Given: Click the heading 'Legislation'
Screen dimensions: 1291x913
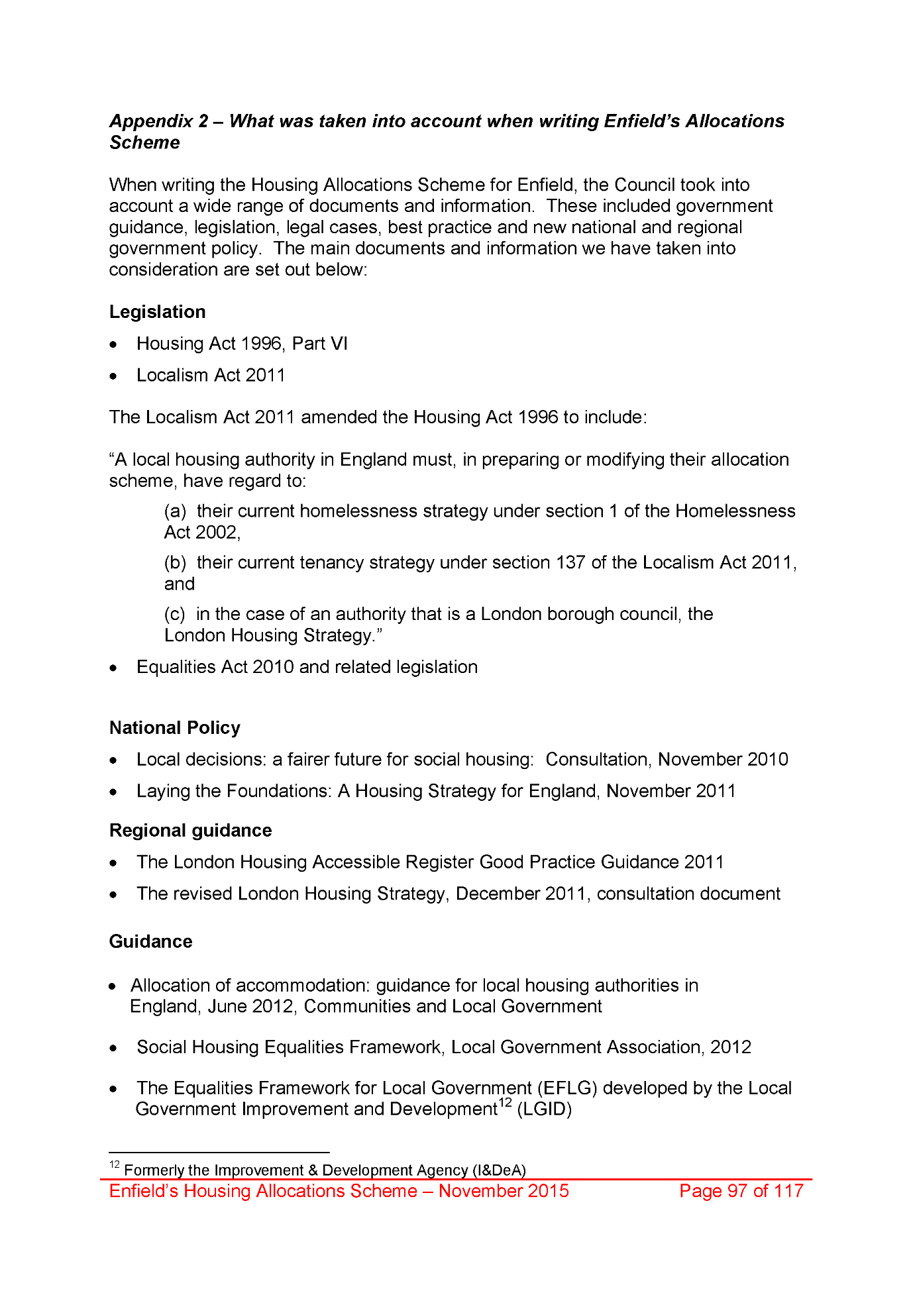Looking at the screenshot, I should coord(157,312).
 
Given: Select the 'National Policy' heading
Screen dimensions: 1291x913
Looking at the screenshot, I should coord(174,728).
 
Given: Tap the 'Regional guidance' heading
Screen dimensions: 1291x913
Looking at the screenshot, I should coord(190,831).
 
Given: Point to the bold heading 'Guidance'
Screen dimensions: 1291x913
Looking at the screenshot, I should coord(150,942).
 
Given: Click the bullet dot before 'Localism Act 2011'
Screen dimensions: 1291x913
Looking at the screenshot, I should coord(115,376).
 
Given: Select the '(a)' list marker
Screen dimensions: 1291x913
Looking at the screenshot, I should coord(175,511).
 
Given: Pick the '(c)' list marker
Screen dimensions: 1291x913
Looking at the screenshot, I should coord(175,614).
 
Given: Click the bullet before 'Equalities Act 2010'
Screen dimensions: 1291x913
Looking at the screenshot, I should coord(115,668).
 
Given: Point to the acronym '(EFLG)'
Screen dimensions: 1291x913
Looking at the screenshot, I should coord(567,1088).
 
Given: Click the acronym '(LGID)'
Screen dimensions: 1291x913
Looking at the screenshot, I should coord(544,1110).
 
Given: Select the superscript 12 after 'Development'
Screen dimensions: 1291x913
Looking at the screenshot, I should coord(505,1104).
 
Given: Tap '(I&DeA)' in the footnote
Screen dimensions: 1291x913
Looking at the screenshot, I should coord(499,1170).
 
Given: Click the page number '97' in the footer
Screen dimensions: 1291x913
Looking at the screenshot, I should coord(737,1191).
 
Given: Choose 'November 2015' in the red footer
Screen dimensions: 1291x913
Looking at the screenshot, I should coord(504,1191).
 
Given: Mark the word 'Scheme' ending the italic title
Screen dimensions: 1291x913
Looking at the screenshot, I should coord(144,143).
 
